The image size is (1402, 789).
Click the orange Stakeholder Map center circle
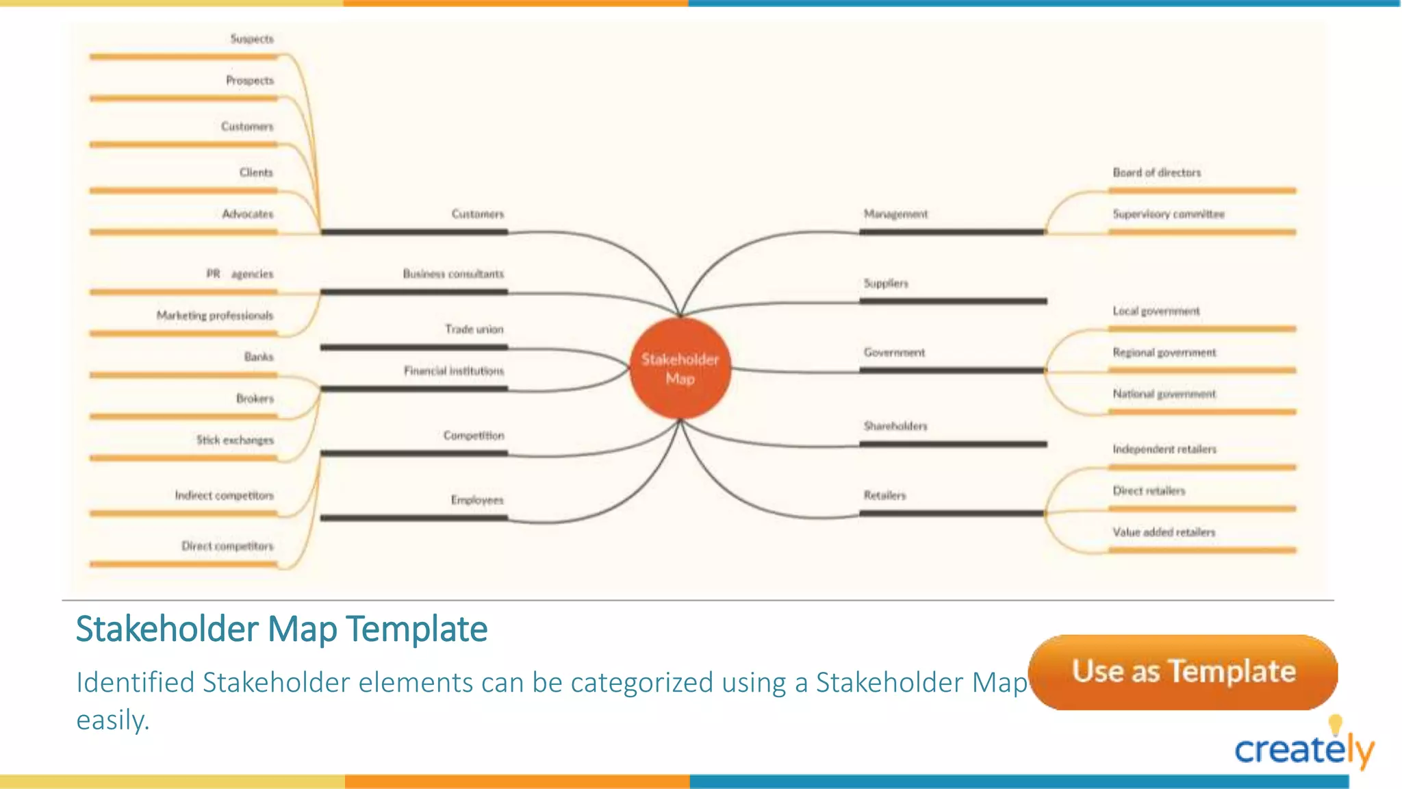(680, 368)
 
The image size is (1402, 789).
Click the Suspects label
(251, 39)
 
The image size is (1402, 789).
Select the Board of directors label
(1156, 173)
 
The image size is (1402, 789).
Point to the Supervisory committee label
(1168, 214)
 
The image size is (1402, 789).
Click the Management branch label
(895, 214)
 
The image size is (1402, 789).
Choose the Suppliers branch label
(886, 284)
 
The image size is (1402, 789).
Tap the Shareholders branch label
(895, 426)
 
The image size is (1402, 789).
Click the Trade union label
(474, 329)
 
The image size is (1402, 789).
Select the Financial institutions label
(453, 371)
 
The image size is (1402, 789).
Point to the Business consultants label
(453, 274)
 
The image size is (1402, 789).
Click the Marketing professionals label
(214, 316)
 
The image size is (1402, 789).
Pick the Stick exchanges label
(235, 440)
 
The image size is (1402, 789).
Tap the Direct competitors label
(227, 547)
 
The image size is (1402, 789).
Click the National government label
(1164, 394)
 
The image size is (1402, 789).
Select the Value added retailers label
(1163, 532)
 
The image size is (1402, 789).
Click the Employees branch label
(476, 500)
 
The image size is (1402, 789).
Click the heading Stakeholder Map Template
(281, 629)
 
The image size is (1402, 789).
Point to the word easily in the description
(112, 720)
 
